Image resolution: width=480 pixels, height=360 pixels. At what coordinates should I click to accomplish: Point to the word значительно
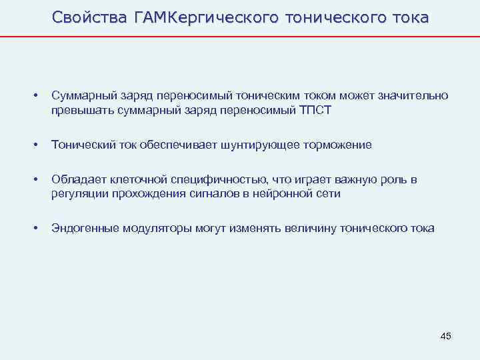[413, 97]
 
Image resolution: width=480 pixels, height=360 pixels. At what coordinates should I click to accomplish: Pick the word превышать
[77, 111]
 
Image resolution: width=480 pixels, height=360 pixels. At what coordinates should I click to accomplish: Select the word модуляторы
[157, 228]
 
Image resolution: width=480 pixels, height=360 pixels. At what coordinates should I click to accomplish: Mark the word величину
[311, 228]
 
